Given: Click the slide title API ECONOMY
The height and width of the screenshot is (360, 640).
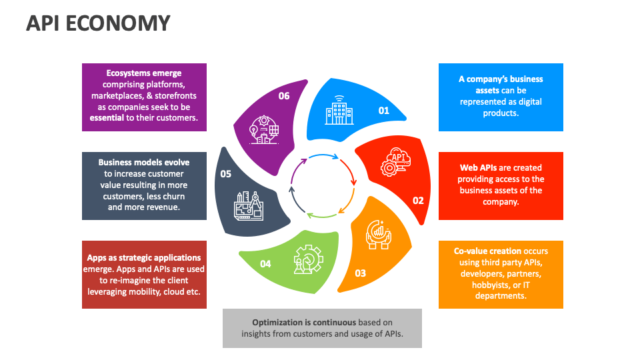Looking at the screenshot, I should [x=98, y=23].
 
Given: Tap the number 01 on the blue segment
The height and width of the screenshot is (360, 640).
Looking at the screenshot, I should [x=383, y=111].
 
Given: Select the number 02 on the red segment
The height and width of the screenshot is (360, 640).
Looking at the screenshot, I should [x=418, y=200].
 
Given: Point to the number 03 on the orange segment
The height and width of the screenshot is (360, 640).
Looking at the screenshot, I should [x=360, y=273].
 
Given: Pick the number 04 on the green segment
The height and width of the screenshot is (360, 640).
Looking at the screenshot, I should [x=265, y=264].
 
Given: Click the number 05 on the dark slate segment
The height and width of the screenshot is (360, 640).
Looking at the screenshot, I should [x=225, y=174].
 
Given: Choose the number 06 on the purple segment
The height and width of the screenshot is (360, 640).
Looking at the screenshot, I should [x=284, y=96].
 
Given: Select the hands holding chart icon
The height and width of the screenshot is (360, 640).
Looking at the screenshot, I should [x=378, y=233].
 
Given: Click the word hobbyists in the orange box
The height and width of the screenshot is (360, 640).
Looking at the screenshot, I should [x=491, y=285].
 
